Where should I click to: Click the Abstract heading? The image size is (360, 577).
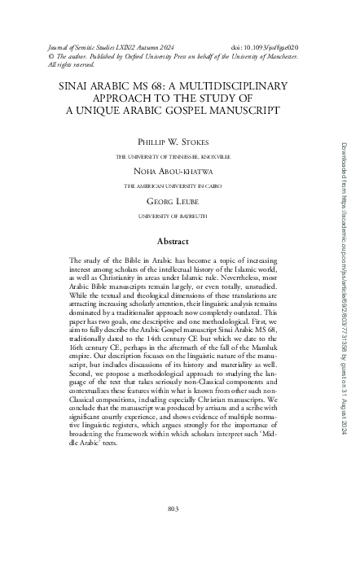click(x=172, y=218)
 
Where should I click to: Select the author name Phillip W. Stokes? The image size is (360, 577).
click(x=172, y=142)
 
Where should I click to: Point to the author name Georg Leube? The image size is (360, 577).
click(x=172, y=201)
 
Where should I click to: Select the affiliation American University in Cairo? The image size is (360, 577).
click(x=172, y=185)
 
